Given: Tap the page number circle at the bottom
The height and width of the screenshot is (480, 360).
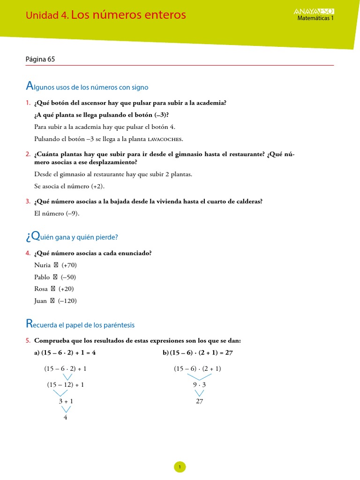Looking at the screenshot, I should (x=180, y=466).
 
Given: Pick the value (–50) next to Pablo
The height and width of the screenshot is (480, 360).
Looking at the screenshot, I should (x=68, y=277).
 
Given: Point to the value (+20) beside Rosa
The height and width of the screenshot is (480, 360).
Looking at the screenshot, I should (x=66, y=289).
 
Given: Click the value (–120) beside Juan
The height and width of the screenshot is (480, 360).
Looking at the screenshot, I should (x=67, y=301).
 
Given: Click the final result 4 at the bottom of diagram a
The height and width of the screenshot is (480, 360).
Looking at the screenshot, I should (x=66, y=417).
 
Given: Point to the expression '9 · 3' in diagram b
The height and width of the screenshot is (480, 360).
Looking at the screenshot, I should (x=199, y=385).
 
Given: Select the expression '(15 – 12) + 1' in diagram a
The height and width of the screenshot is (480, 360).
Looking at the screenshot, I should (x=66, y=385).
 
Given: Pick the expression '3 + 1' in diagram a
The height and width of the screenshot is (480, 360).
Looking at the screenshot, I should (x=66, y=401).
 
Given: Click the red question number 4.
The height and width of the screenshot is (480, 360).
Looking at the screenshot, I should (x=28, y=253).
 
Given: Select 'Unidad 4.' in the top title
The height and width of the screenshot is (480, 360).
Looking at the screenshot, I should (x=47, y=15).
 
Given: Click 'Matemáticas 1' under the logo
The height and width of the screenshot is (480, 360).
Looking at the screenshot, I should (x=316, y=18).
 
